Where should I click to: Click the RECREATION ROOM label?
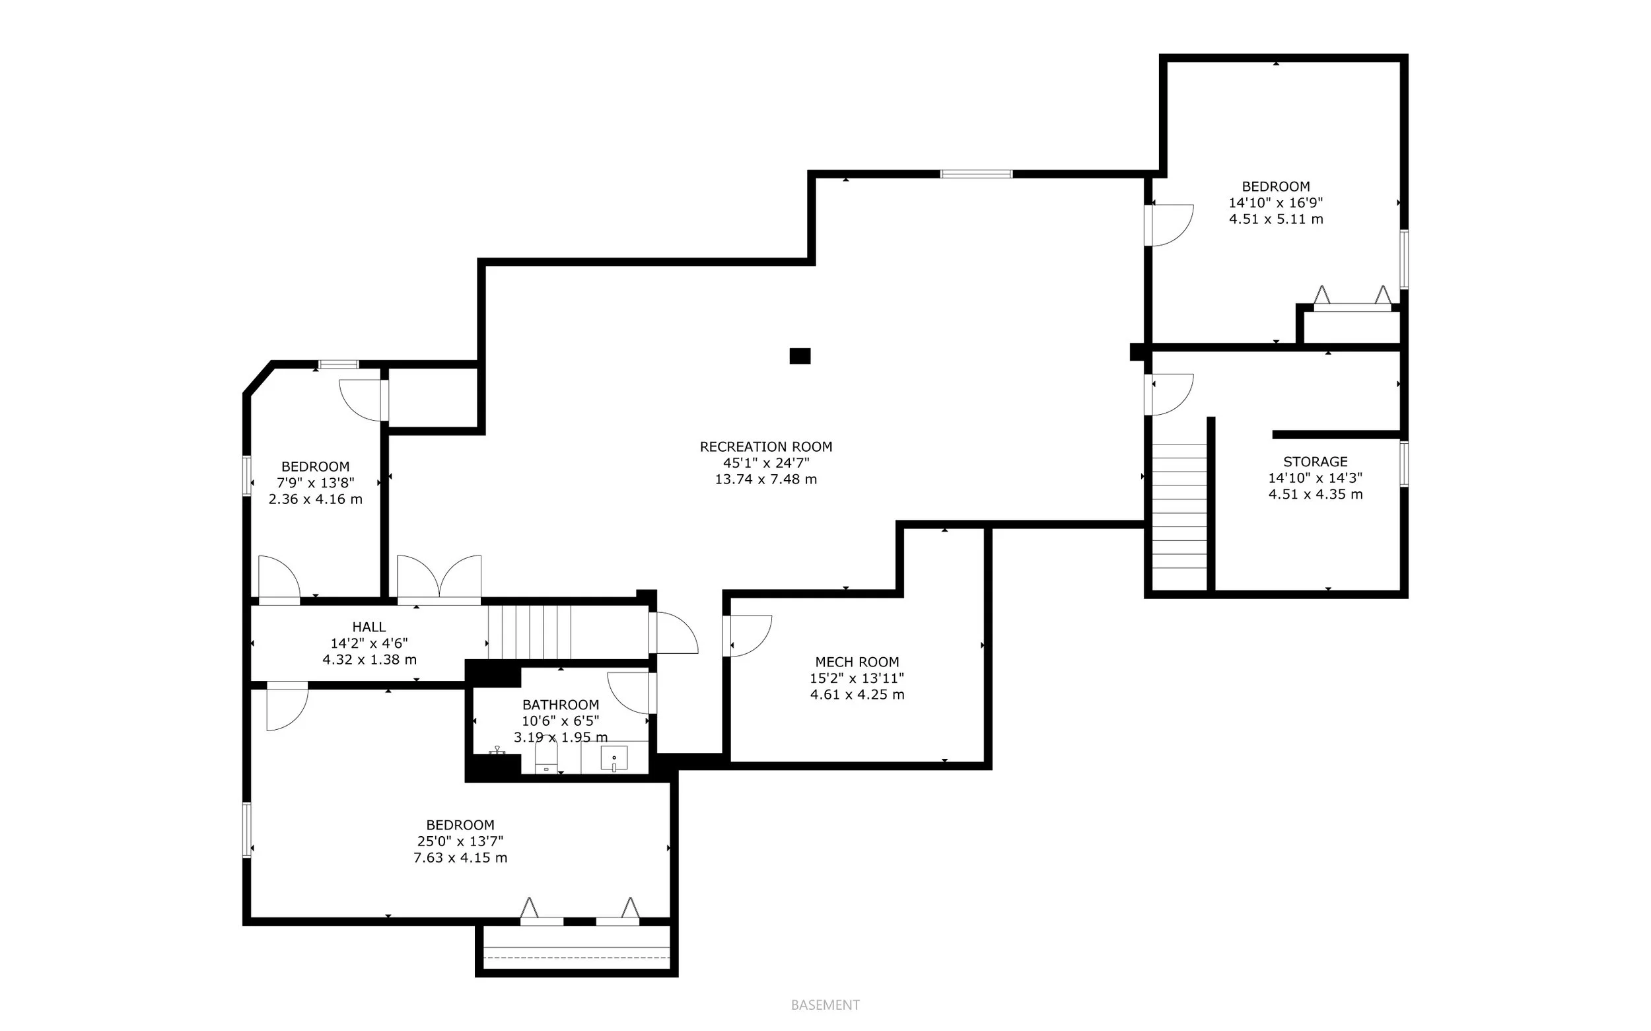[x=765, y=446]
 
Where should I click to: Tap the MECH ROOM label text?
[x=857, y=661]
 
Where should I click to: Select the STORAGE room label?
[x=1315, y=462]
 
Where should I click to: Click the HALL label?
[x=369, y=627]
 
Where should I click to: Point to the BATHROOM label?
[x=560, y=704]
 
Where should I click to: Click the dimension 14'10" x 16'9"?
[x=1275, y=203]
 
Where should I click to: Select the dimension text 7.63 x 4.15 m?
[x=460, y=858]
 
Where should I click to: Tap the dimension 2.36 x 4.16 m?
[x=315, y=499]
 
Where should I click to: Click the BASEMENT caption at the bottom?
[x=825, y=1005]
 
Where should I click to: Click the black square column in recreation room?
[x=800, y=356]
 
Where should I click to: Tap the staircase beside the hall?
[x=530, y=631]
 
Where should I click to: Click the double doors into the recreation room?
[x=439, y=580]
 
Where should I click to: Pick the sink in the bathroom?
[x=614, y=759]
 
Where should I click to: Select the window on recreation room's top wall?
[x=976, y=174]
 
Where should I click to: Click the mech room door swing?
[x=748, y=635]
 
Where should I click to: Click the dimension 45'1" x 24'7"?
[x=765, y=463]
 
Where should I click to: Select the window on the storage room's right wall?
[x=1403, y=464]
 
